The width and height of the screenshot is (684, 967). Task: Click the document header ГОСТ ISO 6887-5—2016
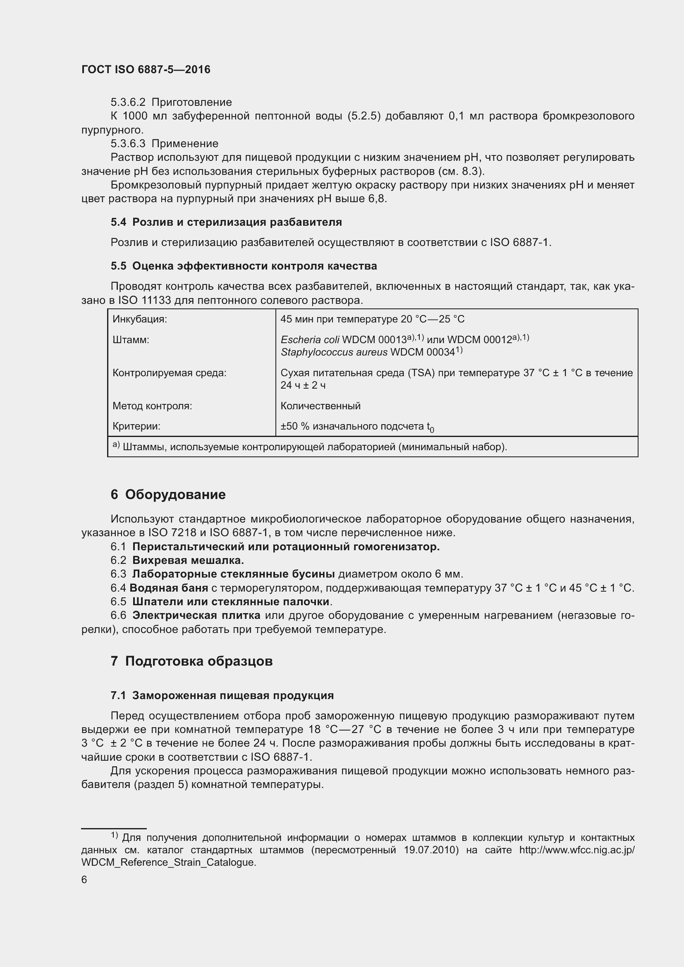coord(146,69)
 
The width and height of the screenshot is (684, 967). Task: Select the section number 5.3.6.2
coord(128,103)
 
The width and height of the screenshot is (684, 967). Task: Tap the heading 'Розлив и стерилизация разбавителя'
coord(237,222)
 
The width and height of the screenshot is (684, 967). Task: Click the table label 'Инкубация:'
coord(139,319)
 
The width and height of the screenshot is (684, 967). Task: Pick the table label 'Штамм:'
coord(131,340)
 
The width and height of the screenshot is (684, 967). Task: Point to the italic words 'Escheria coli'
coord(310,340)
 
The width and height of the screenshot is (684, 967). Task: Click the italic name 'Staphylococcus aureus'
coord(334,352)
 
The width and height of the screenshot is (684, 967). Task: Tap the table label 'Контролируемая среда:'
coord(169,373)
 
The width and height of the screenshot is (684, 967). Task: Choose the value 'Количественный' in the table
coord(320,406)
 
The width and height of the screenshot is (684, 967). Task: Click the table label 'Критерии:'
coord(136,426)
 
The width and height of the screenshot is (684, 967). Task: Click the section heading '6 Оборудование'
coord(168,494)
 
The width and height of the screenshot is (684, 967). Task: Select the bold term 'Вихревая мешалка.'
coord(188,561)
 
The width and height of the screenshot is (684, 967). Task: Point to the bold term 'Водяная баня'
coord(169,588)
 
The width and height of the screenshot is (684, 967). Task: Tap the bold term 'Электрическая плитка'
coord(196,615)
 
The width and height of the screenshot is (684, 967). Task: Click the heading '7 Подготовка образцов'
coord(191,661)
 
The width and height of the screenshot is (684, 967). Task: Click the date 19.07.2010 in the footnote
coord(430,850)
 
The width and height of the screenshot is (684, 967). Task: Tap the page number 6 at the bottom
coord(84,880)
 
